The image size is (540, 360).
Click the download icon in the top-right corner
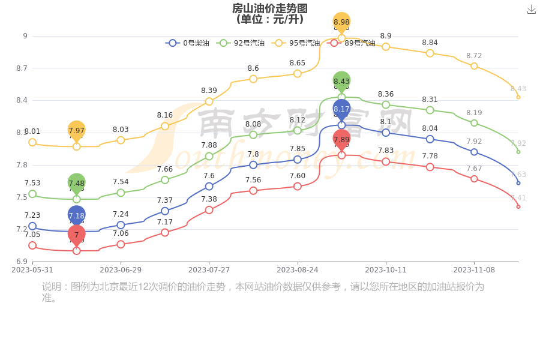(x=531, y=10)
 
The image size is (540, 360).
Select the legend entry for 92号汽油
(x=240, y=43)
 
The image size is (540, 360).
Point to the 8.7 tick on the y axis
(x=22, y=68)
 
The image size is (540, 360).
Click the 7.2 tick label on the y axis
(x=22, y=229)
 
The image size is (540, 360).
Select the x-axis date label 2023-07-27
(x=209, y=270)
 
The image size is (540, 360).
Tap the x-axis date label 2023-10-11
(x=386, y=270)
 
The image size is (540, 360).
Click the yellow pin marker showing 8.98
(x=341, y=22)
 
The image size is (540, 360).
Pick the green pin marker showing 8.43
(x=341, y=81)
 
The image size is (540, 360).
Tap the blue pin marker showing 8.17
(x=341, y=109)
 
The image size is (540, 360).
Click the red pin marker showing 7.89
(x=341, y=139)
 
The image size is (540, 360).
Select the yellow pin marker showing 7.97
(x=76, y=130)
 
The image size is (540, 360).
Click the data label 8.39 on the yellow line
(x=209, y=91)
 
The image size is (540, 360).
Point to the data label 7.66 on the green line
(x=165, y=169)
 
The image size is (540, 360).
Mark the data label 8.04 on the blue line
(x=430, y=128)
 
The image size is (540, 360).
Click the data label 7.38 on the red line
(x=209, y=199)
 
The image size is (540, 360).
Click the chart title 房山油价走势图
(x=269, y=8)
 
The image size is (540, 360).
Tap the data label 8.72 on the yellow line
(x=474, y=56)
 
